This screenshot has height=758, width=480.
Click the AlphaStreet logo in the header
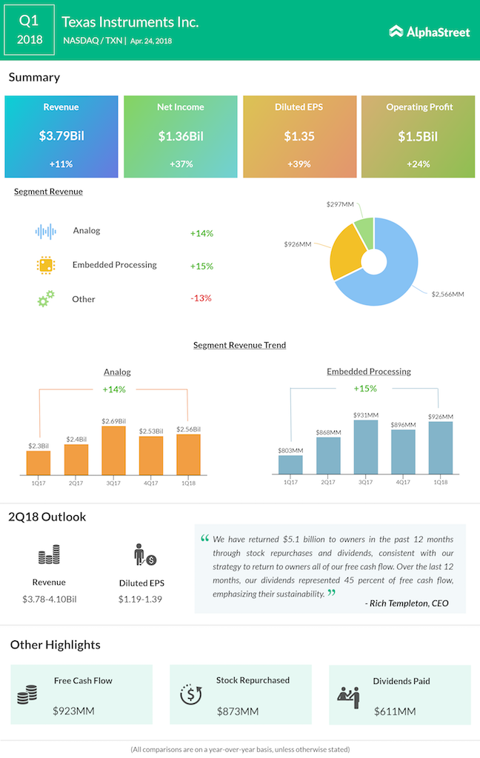click(x=430, y=30)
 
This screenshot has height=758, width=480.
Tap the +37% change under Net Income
click(x=180, y=164)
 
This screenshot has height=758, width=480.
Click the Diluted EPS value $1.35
click(x=299, y=136)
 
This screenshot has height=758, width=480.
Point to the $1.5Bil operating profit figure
click(x=418, y=136)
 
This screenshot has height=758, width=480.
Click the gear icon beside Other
click(x=46, y=299)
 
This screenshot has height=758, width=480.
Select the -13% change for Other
click(x=201, y=298)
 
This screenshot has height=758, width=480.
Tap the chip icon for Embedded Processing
click(x=46, y=265)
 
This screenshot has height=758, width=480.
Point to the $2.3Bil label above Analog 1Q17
click(x=38, y=445)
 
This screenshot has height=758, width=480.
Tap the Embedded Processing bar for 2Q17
click(x=328, y=455)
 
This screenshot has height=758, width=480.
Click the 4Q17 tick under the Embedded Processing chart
click(x=402, y=483)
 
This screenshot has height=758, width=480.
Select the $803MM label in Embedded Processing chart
click(x=291, y=449)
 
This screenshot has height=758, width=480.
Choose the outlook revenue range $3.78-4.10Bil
click(x=49, y=599)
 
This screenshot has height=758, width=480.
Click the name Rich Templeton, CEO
click(x=407, y=603)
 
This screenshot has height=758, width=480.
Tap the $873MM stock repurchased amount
click(x=238, y=711)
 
